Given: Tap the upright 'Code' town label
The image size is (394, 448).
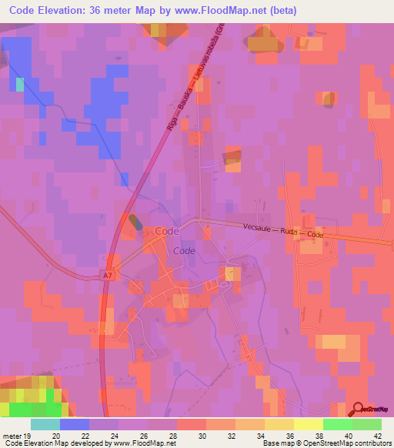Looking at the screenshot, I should (167, 231).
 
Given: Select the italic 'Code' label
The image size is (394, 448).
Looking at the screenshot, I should (184, 251).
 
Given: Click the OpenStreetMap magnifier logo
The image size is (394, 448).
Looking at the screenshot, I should (356, 410).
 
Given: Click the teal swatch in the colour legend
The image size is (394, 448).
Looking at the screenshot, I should (45, 423).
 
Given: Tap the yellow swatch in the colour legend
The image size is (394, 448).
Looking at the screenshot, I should (308, 423).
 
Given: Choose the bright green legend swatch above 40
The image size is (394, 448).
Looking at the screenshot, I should (337, 423).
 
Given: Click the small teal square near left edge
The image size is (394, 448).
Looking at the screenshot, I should (20, 83).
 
